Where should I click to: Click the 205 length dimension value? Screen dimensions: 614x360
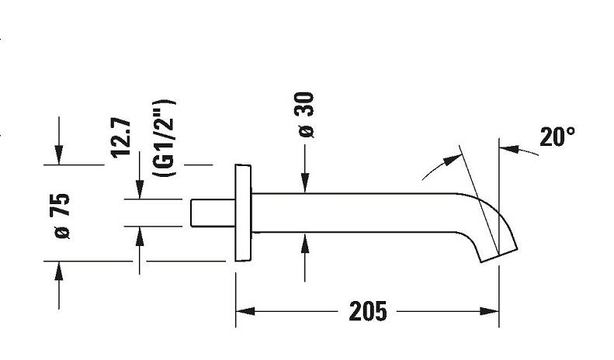coord(368,311)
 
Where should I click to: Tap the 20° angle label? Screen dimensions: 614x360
coord(557,137)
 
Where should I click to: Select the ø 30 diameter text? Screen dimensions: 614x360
coord(306,115)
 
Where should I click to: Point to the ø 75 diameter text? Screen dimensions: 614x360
coord(61,216)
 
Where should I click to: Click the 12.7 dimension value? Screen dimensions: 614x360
coord(120,137)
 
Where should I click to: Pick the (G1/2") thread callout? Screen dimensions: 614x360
coord(164,138)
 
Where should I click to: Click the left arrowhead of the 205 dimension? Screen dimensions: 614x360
coord(245,311)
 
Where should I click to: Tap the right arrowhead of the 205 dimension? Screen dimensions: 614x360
coord(490,311)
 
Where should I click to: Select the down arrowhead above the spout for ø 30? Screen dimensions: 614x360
coord(305,184)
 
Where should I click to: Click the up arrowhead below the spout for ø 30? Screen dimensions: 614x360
coord(305,243)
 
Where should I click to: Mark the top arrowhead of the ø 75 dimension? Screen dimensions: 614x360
coord(59,155)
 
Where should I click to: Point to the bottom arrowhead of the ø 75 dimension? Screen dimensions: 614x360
coord(59,271)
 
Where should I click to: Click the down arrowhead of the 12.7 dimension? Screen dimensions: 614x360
coord(140,190)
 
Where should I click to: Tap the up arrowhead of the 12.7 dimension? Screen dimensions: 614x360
coord(140,237)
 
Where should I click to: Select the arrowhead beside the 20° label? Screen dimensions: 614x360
coord(509,149)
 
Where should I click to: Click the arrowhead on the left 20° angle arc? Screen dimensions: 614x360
coord(453,161)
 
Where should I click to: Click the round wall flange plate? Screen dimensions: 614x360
coord(243,213)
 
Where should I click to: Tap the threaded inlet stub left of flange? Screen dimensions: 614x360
coord(213,213)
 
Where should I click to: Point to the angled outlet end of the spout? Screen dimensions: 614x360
coord(499,255)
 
